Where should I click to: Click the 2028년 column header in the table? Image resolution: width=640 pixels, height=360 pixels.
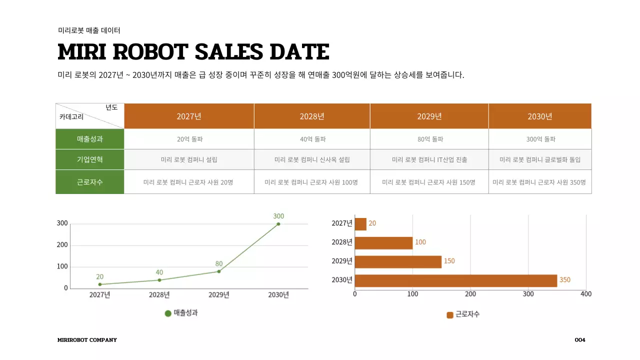coord(312,116)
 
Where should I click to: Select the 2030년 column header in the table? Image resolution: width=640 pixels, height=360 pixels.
coord(540,116)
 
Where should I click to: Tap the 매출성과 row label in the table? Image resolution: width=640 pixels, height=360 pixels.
coord(90,139)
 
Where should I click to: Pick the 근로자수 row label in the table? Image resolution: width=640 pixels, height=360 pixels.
coord(90,182)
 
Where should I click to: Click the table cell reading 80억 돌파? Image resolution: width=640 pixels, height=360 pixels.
coord(430,139)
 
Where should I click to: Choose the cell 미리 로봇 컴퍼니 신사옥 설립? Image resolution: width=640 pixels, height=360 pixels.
coord(312,160)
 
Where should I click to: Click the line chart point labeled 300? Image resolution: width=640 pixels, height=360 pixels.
coord(278,224)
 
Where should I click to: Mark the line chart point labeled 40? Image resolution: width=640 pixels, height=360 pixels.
coord(159,280)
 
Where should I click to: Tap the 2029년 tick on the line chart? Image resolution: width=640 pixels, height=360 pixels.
coord(219,295)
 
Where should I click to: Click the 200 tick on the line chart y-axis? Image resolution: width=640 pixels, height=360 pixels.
coord(62,245)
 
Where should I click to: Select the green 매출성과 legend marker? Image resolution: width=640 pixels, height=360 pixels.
coord(168,313)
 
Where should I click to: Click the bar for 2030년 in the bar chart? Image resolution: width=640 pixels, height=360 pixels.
coord(455,280)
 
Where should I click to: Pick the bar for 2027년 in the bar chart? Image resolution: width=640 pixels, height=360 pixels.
coord(360,224)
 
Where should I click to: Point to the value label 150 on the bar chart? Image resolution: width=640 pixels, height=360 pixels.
coord(449,261)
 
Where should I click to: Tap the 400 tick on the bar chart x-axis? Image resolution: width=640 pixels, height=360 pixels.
coord(586,294)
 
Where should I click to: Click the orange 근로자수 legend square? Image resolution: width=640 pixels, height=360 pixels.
coord(450,315)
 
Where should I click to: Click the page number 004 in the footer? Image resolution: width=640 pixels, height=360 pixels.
coord(580,340)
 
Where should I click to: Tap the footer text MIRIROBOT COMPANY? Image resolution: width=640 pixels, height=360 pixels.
coord(87,340)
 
